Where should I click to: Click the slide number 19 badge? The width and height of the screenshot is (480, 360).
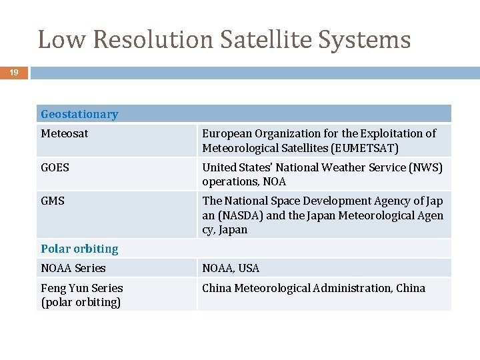(x=13, y=73)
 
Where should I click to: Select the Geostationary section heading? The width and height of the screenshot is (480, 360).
(x=79, y=114)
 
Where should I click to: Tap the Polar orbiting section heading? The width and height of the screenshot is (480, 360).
(x=79, y=249)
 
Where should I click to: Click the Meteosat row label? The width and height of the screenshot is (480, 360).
(x=64, y=133)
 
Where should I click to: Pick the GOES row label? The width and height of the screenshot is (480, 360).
(x=55, y=167)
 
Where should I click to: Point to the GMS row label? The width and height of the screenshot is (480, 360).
(x=53, y=201)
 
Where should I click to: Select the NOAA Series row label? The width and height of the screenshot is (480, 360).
(x=73, y=268)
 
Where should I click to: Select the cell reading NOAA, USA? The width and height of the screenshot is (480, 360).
(x=231, y=268)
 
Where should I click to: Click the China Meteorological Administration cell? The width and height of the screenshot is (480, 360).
(x=313, y=288)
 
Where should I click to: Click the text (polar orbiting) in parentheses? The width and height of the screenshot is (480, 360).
(x=81, y=302)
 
